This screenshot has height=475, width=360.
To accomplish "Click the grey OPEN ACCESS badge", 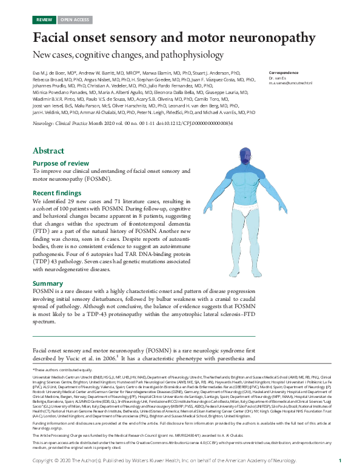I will [75, 19].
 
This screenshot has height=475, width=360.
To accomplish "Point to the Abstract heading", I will [48, 150].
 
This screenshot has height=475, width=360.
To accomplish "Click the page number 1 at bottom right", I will [340, 461].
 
